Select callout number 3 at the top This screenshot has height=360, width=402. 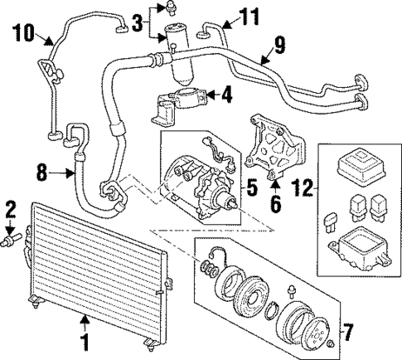(x=138, y=25)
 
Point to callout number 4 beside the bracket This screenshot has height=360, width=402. (x=226, y=95)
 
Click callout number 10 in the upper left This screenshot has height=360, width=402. (x=22, y=34)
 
